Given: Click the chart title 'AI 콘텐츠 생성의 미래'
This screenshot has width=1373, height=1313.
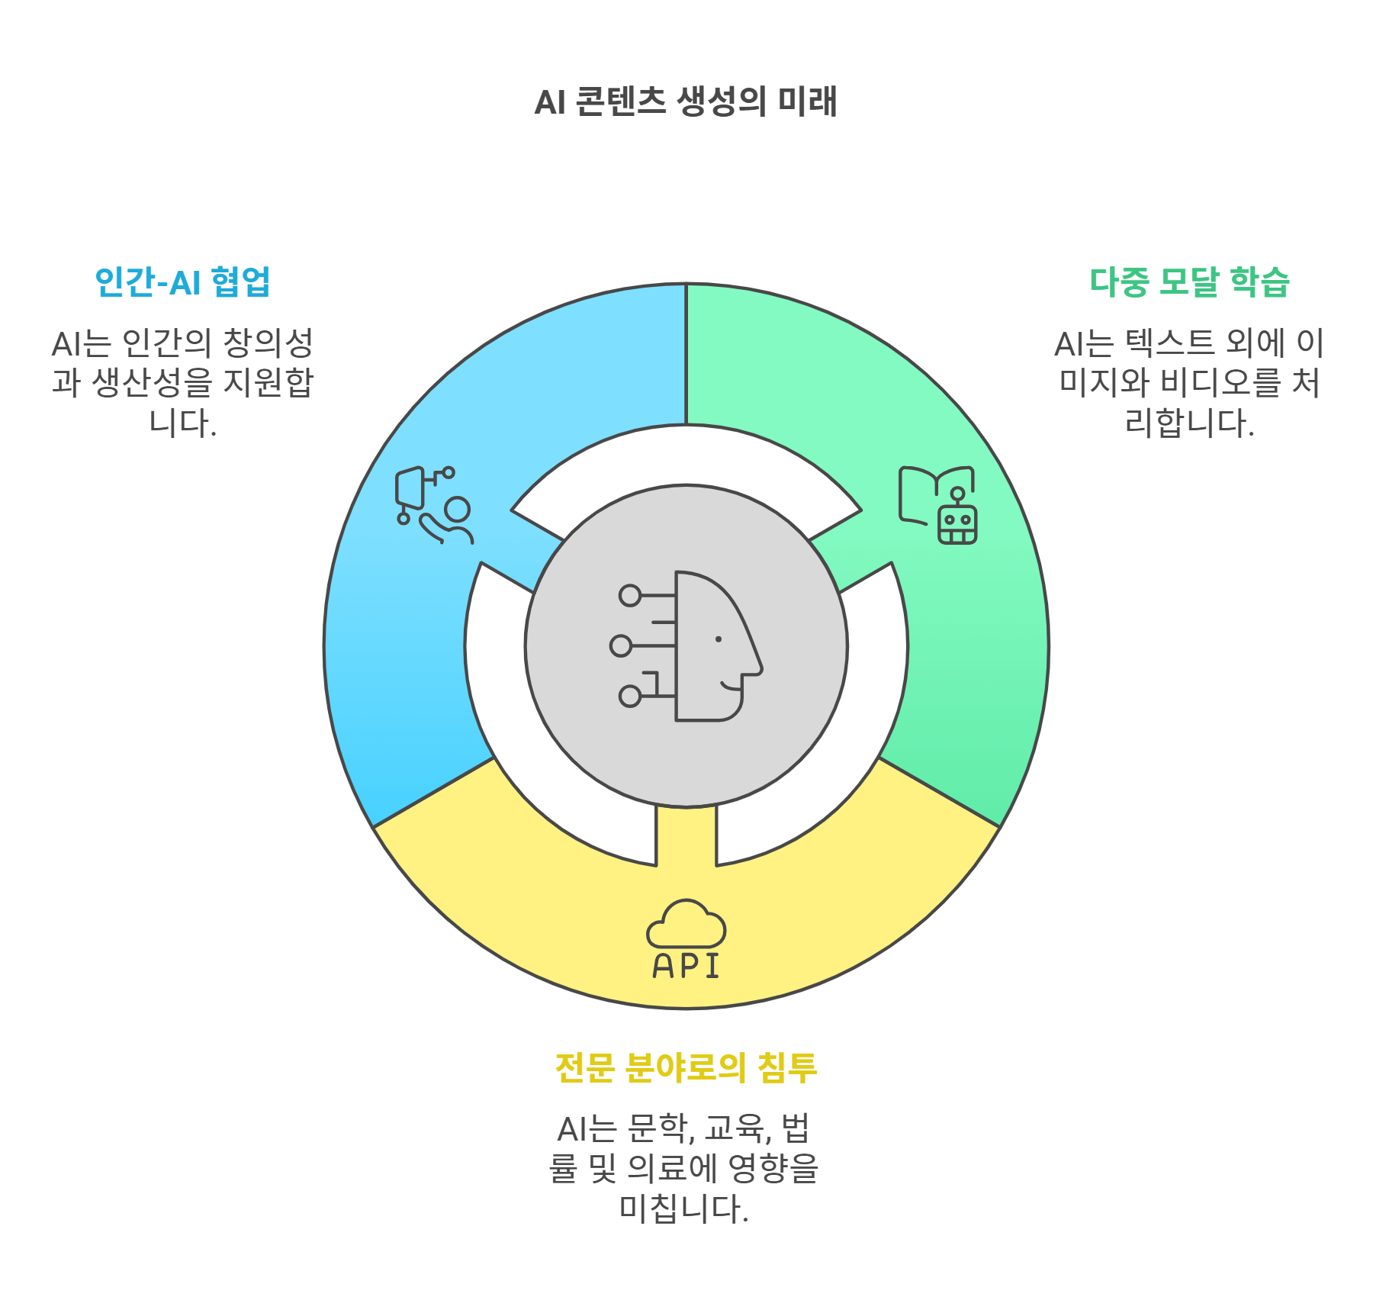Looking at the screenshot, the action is [686, 101].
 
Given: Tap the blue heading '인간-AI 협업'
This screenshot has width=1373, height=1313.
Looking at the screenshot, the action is [182, 282].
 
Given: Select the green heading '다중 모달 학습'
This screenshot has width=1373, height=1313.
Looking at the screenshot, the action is [1189, 282].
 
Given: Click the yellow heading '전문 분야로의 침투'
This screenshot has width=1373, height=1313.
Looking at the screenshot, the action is [686, 1067].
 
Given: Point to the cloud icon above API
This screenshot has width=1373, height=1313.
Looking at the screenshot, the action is [686, 924].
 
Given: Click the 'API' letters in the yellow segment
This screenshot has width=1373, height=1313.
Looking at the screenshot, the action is [686, 966].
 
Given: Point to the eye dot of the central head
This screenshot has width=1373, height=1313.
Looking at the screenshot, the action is [719, 639].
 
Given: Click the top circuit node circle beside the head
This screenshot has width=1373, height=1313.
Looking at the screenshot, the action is [630, 595].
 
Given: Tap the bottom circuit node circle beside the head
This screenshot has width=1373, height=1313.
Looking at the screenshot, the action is [630, 696].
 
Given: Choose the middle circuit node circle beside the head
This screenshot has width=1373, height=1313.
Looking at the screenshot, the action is [621, 646].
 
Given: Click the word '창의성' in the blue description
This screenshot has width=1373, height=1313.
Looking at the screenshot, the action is [268, 343].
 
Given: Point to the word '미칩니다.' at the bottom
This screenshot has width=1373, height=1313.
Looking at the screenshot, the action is [684, 1208].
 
